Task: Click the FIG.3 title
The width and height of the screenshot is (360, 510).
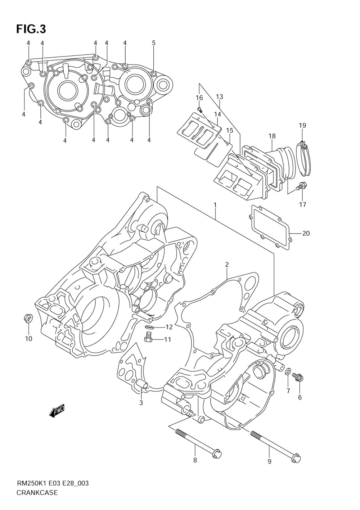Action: pyautogui.click(x=31, y=29)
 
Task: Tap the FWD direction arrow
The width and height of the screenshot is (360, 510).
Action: pyautogui.click(x=57, y=411)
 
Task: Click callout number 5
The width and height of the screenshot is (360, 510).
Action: pyautogui.click(x=154, y=43)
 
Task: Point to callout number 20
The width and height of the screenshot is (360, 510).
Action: pyautogui.click(x=306, y=233)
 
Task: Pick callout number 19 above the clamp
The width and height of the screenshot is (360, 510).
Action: pyautogui.click(x=302, y=126)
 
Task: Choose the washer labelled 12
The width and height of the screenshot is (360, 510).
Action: pyautogui.click(x=149, y=328)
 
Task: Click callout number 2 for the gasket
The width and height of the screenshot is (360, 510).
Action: pyautogui.click(x=226, y=265)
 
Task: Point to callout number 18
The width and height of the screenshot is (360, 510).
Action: pyautogui.click(x=272, y=136)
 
